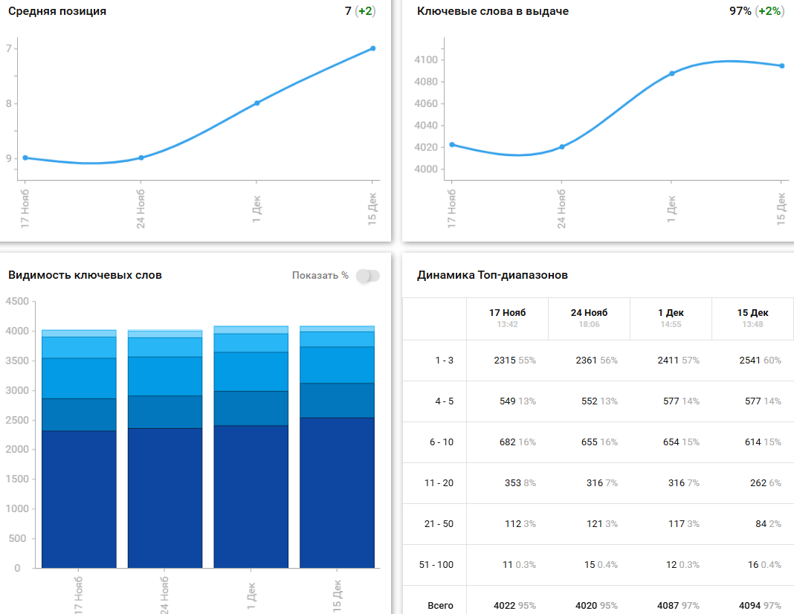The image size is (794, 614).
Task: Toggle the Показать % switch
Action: (367, 276)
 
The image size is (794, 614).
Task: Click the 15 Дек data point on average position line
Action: (372, 48)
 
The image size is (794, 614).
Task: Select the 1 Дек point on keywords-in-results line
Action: (671, 74)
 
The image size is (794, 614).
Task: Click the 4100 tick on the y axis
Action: (427, 60)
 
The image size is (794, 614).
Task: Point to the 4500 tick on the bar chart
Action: (16, 301)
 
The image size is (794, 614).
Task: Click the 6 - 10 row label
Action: (441, 442)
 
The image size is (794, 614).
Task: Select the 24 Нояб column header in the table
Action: (589, 313)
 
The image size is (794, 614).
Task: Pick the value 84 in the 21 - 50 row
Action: (761, 524)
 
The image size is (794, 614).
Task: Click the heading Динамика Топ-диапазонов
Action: (492, 275)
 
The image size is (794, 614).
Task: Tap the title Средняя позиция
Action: (57, 11)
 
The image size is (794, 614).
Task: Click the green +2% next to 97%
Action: (769, 11)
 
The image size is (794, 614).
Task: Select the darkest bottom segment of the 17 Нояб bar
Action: (79, 498)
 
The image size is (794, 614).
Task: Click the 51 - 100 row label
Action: (436, 565)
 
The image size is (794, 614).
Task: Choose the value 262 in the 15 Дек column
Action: (758, 483)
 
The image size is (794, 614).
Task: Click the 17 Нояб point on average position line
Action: (25, 158)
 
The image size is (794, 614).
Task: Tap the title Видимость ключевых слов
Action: (85, 275)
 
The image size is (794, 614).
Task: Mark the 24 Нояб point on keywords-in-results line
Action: (561, 146)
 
